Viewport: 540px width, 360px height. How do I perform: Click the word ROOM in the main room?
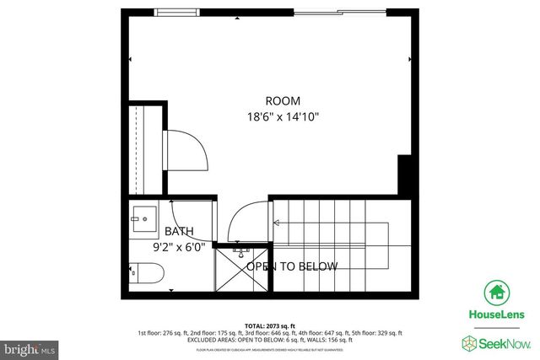pyautogui.click(x=283, y=100)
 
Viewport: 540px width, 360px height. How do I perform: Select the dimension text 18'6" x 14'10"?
pyautogui.click(x=283, y=117)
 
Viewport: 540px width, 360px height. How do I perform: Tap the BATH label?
pyautogui.click(x=179, y=232)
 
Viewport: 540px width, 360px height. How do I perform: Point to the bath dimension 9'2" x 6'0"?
pyautogui.click(x=179, y=248)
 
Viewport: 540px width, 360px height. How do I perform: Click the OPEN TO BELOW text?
pyautogui.click(x=292, y=266)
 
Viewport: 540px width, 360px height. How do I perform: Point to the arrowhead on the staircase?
pyautogui.click(x=275, y=223)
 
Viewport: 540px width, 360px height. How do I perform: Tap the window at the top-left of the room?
pyautogui.click(x=175, y=12)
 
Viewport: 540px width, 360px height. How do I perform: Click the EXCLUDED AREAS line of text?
pyautogui.click(x=270, y=339)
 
